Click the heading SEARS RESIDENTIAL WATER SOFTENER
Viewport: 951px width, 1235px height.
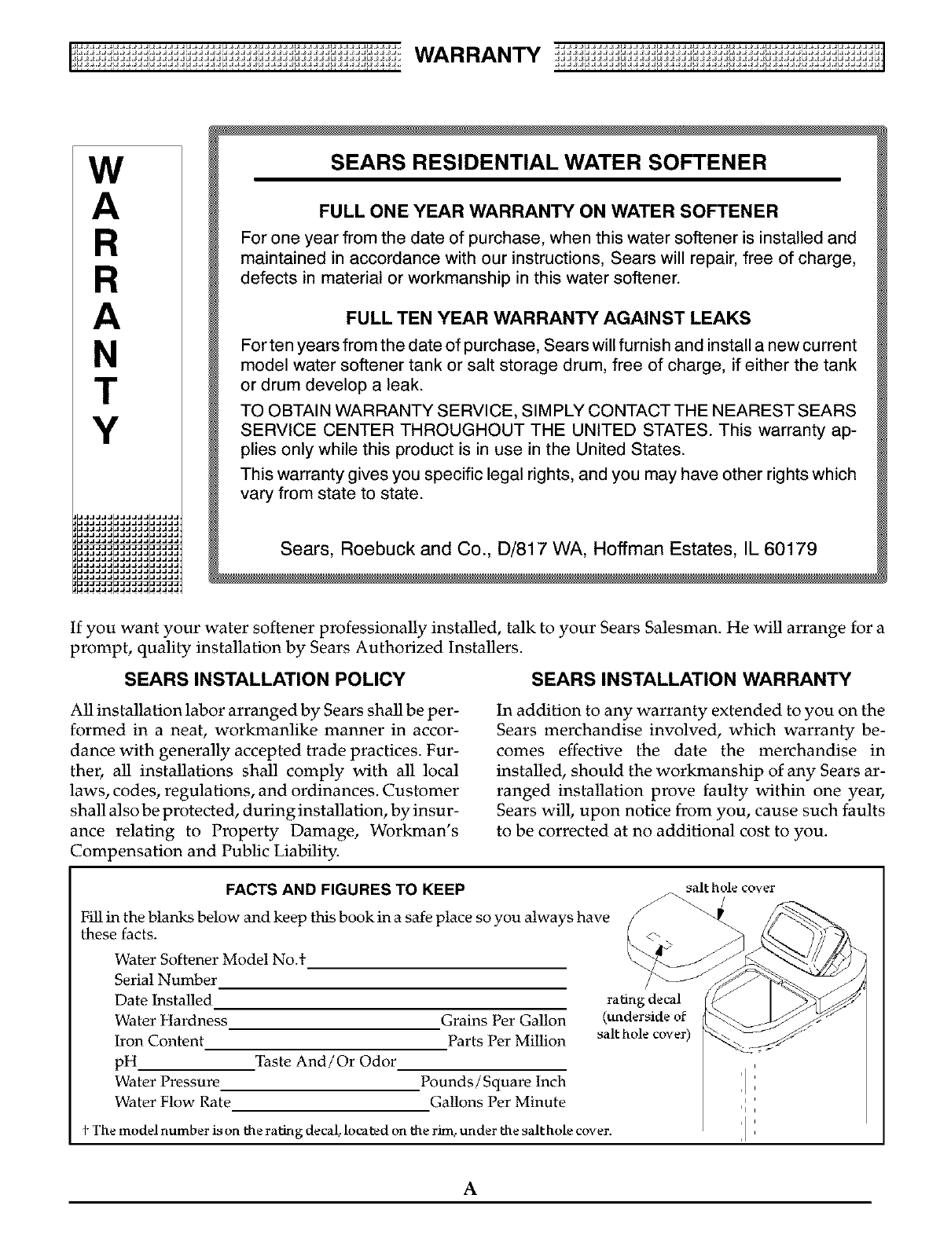tap(548, 163)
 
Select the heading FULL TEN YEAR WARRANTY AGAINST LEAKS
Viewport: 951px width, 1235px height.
tap(548, 318)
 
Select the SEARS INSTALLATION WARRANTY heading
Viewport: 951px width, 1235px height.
tap(691, 679)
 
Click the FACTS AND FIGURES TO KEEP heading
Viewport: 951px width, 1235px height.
tap(345, 889)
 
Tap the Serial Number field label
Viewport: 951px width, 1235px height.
tap(165, 980)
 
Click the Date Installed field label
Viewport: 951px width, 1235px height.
tap(163, 1001)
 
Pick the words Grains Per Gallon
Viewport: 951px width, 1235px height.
tap(503, 1021)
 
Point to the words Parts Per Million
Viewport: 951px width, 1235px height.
tap(506, 1041)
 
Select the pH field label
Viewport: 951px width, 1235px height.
tap(126, 1062)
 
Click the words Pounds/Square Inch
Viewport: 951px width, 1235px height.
tap(493, 1082)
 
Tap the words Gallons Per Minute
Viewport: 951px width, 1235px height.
tap(498, 1102)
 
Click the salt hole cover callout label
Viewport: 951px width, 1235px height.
tap(730, 889)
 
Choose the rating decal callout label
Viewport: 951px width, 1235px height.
tap(646, 1000)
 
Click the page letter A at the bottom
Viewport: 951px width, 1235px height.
tap(471, 1189)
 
